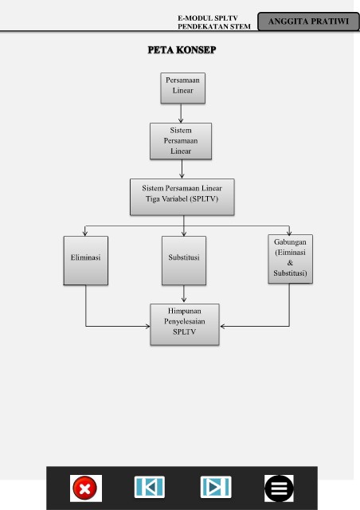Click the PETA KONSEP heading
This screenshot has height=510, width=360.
(x=182, y=49)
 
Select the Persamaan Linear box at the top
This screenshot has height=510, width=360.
(x=182, y=88)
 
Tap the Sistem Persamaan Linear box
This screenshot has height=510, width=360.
(x=181, y=141)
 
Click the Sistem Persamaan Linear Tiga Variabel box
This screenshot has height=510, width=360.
(x=182, y=197)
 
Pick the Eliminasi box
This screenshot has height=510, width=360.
(x=86, y=261)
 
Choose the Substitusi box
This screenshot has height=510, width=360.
(x=184, y=261)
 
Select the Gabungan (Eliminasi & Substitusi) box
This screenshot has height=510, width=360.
(x=291, y=259)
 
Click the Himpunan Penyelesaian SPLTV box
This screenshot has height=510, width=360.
(x=185, y=324)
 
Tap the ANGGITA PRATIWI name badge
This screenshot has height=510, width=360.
(x=308, y=22)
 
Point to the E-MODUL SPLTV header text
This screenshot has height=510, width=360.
(x=208, y=18)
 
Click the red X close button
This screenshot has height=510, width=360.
(x=85, y=488)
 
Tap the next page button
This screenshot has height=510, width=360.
(x=216, y=487)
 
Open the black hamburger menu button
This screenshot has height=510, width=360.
(x=279, y=488)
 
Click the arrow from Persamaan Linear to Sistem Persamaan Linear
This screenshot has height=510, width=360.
(x=181, y=113)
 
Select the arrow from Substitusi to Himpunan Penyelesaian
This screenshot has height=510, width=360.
(x=184, y=294)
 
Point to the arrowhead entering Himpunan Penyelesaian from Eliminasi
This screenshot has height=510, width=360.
(x=148, y=326)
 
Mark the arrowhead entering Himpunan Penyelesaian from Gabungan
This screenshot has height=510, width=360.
(x=222, y=326)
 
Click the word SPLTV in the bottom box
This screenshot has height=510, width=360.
(x=185, y=331)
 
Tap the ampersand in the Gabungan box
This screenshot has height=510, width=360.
(x=290, y=262)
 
